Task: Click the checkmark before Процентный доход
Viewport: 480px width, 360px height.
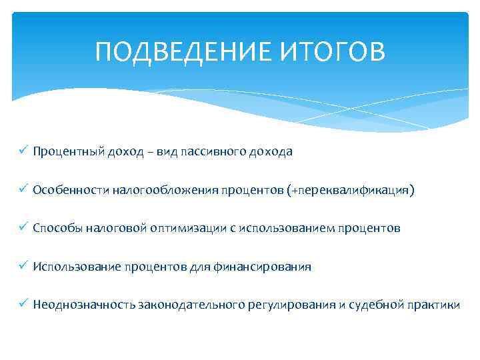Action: coord(23,151)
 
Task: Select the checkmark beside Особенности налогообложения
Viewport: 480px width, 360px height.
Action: coord(23,190)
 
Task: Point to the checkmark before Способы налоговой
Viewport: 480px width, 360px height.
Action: coord(23,228)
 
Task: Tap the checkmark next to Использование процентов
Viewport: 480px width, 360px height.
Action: coord(23,267)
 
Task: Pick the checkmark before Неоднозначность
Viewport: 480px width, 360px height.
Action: coord(23,305)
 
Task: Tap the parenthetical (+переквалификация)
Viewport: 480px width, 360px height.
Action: coord(350,191)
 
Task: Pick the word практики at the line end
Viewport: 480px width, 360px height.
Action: coord(433,305)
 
